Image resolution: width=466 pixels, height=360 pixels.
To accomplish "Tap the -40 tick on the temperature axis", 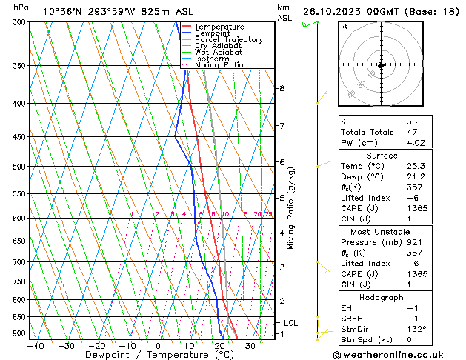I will pyautogui.click(x=36, y=345).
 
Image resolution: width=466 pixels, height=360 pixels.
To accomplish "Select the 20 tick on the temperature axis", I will pyautogui.click(x=219, y=345).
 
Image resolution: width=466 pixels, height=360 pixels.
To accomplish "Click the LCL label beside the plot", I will pyautogui.click(x=290, y=323).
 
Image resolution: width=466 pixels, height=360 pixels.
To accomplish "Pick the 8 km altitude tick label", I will pyautogui.click(x=282, y=88).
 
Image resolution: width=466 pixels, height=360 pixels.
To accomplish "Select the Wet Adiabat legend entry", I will pyautogui.click(x=219, y=52).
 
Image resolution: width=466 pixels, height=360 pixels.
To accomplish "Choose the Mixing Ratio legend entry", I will pyautogui.click(x=219, y=64).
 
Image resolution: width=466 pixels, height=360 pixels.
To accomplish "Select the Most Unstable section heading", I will pyautogui.click(x=382, y=232).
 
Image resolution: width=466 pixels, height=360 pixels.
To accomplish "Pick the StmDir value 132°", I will pyautogui.click(x=416, y=329).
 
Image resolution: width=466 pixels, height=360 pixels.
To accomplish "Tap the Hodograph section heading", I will pyautogui.click(x=382, y=297).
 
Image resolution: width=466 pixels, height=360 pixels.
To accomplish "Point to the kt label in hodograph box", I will pyautogui.click(x=344, y=27).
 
